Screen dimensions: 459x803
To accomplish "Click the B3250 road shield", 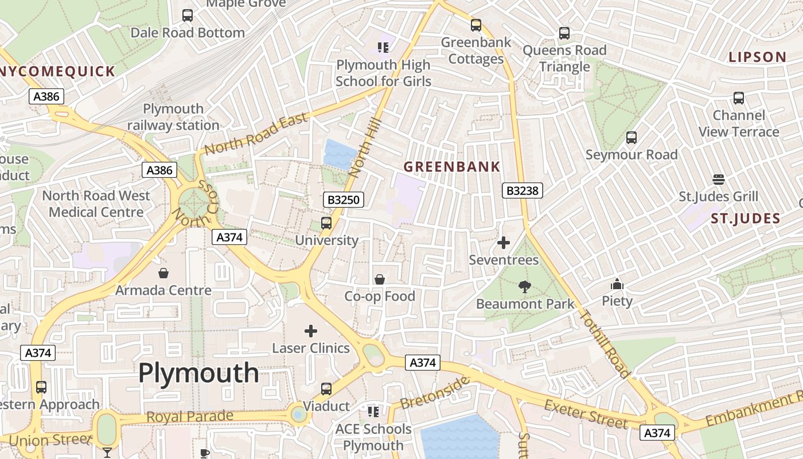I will click(343, 200).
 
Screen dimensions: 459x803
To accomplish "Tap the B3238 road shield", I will click(522, 190).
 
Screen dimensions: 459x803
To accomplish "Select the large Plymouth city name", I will click(198, 373).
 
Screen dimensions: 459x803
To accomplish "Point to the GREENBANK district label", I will click(452, 167).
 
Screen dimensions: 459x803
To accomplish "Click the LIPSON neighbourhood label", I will click(757, 57).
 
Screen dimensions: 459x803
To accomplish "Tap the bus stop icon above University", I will click(326, 223).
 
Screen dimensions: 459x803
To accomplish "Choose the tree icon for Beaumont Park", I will click(524, 287).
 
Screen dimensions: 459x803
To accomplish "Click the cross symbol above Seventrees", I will click(504, 243).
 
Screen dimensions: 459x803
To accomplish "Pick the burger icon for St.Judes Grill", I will click(718, 180).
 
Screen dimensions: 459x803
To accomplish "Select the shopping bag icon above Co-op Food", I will click(380, 279).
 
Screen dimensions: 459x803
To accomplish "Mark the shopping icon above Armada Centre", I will click(163, 273).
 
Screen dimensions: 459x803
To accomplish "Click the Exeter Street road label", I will click(586, 414).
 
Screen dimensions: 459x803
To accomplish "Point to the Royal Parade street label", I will click(190, 417).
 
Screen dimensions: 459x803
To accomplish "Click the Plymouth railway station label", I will click(173, 117).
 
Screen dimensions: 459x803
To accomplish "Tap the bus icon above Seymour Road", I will click(632, 138).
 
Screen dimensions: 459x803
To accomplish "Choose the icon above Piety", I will click(617, 284).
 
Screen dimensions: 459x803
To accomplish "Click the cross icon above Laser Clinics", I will click(311, 331).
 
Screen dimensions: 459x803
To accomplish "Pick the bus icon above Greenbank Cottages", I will click(476, 25).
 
